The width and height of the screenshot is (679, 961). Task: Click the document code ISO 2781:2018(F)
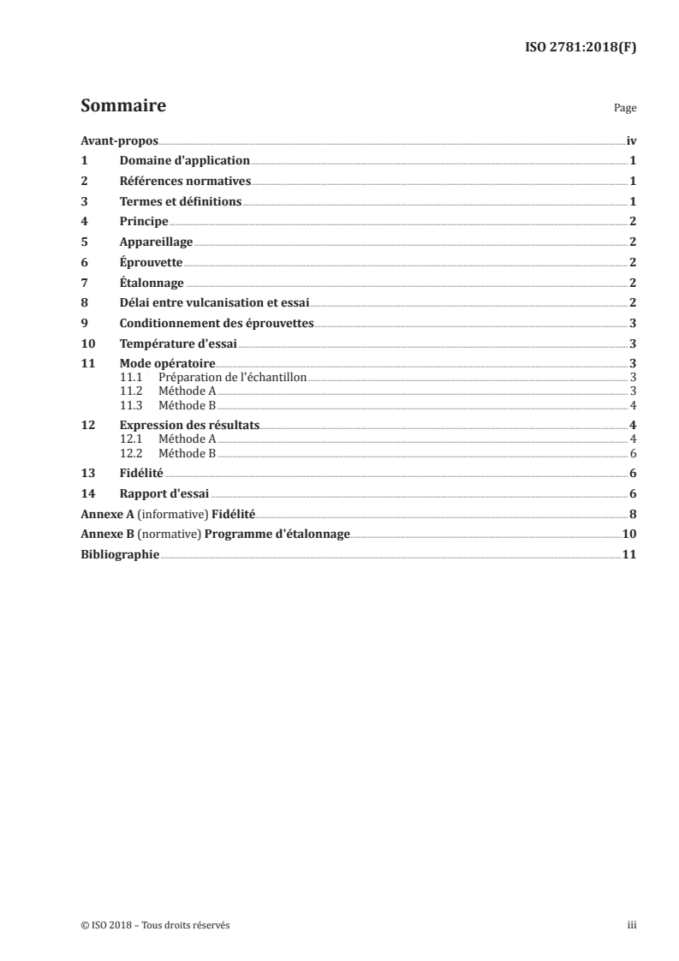click(581, 48)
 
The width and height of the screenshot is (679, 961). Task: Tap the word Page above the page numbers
click(625, 109)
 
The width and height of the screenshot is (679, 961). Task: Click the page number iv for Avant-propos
click(631, 140)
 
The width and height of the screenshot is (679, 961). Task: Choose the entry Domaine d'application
click(184, 161)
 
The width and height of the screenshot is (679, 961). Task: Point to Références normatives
click(185, 182)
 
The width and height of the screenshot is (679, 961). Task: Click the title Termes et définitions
click(181, 202)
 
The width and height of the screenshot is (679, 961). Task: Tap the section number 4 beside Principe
click(84, 222)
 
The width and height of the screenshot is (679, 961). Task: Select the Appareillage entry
click(156, 242)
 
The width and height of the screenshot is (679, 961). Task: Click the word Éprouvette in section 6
click(151, 262)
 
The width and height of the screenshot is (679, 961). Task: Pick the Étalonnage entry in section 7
click(152, 283)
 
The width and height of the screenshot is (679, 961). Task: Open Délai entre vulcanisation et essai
click(213, 302)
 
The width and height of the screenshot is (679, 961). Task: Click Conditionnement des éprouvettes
click(217, 323)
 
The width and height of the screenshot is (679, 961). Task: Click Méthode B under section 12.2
click(188, 453)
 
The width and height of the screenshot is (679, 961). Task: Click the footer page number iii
click(632, 925)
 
